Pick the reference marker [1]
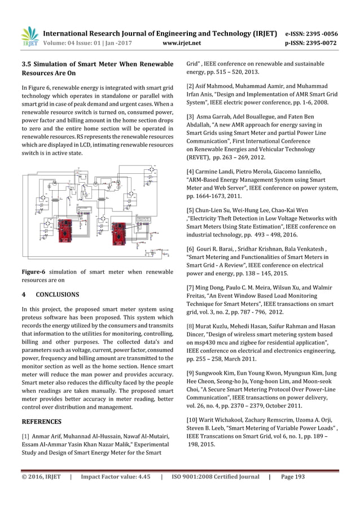click(26, 436)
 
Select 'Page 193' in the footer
click(292, 477)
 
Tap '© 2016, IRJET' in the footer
click(40, 477)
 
